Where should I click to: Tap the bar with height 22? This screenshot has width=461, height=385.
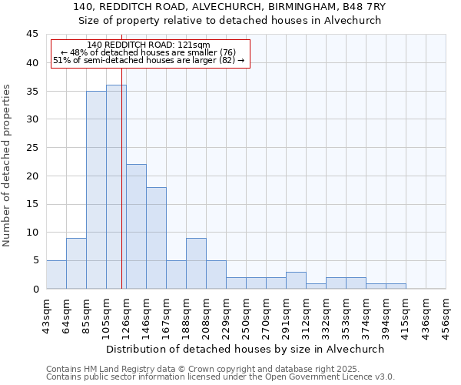[x=136, y=226]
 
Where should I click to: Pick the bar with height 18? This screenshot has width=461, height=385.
[x=156, y=238]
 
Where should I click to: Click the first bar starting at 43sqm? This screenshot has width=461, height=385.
[x=56, y=275]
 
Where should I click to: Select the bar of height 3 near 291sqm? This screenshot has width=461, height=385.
[x=296, y=280]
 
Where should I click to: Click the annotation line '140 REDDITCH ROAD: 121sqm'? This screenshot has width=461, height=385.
[x=148, y=45]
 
